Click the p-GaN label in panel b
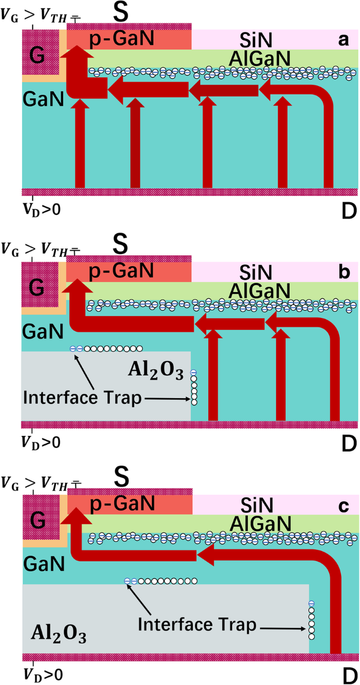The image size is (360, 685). click(x=129, y=271)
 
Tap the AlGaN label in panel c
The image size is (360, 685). click(x=260, y=523)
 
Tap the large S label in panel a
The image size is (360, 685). click(x=121, y=13)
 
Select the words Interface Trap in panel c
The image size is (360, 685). click(x=197, y=625)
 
